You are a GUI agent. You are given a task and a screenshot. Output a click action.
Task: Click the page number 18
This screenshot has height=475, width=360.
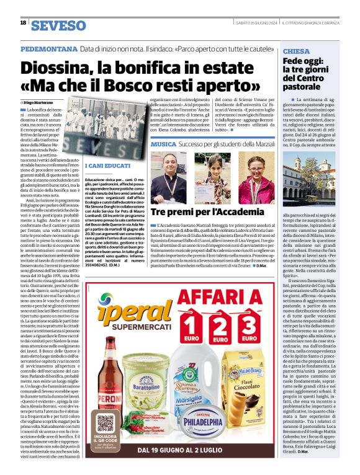click(23, 23)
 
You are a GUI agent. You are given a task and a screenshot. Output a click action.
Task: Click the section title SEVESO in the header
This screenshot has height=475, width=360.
click(58, 25)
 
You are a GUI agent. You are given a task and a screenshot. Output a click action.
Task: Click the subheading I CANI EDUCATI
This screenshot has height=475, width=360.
click(104, 166)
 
